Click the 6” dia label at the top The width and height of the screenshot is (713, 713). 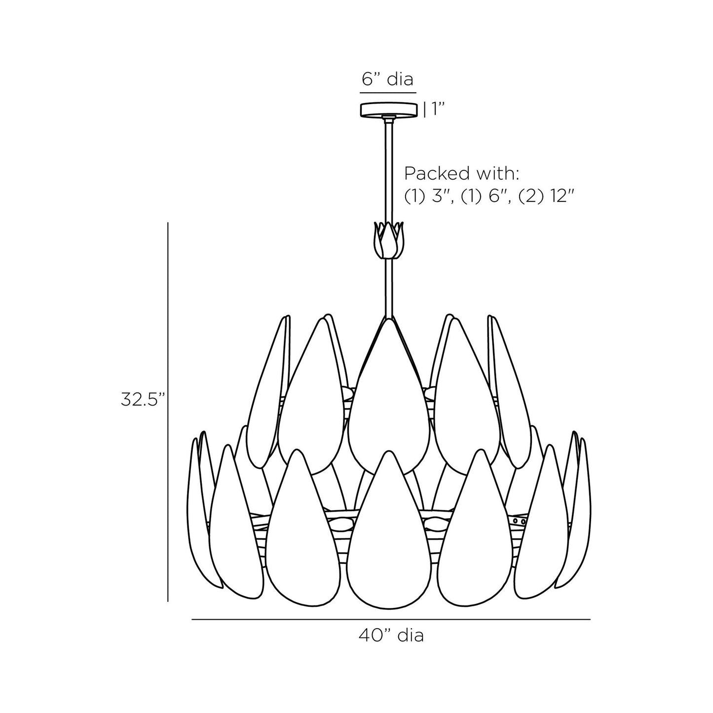click(388, 79)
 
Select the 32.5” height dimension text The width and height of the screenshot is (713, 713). click(142, 400)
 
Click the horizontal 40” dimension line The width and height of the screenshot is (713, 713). click(391, 619)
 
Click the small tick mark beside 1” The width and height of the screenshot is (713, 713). click(424, 110)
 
